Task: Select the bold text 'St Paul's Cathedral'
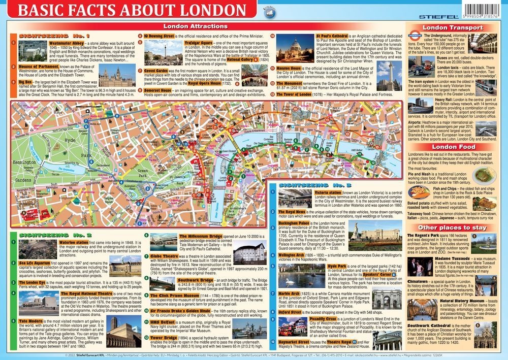[332, 37]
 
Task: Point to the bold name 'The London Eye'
[35, 281]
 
